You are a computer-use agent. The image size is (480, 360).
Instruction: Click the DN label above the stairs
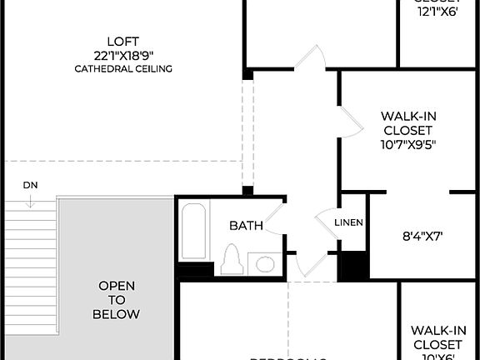30,184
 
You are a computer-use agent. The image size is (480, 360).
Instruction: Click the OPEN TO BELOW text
117,300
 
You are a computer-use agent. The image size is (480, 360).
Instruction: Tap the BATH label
246,225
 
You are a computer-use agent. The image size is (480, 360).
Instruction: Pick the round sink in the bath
265,265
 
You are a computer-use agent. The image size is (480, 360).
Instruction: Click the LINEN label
348,222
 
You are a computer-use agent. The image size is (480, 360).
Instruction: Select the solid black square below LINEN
356,265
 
